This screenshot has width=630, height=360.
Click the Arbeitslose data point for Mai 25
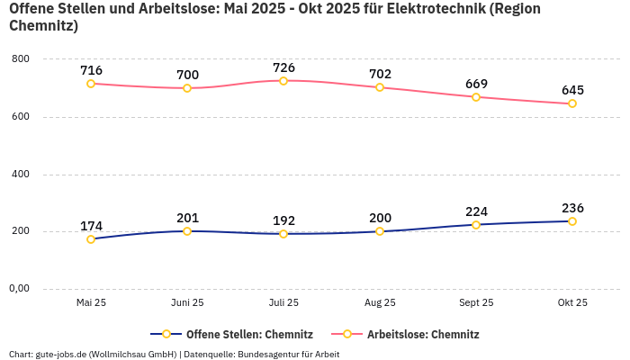coord(91,84)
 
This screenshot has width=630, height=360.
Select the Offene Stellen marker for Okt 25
coord(572,221)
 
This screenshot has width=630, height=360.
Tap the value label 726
coord(283,67)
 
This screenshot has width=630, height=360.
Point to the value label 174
coord(91,226)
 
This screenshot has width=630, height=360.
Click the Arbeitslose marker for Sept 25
coord(476,97)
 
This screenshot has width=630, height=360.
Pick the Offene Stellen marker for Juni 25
coord(187,231)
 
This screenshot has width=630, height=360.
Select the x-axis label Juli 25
coord(283,302)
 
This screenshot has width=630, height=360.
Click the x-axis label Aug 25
coord(380,302)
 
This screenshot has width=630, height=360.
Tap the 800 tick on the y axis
coord(21,59)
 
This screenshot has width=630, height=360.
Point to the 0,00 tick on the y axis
coord(19,289)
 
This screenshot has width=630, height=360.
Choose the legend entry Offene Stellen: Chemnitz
coord(233,334)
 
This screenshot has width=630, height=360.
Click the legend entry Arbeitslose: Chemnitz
coord(413,334)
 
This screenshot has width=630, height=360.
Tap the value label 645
coord(572,90)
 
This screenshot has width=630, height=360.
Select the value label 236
coord(572,208)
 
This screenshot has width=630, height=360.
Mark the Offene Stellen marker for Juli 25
coord(283,234)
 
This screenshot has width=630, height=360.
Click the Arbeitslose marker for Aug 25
coord(380,87)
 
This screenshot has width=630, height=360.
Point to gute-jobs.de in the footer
coord(63,354)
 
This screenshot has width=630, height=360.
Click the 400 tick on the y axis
coord(21,174)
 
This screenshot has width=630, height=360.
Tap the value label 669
coord(476,84)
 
